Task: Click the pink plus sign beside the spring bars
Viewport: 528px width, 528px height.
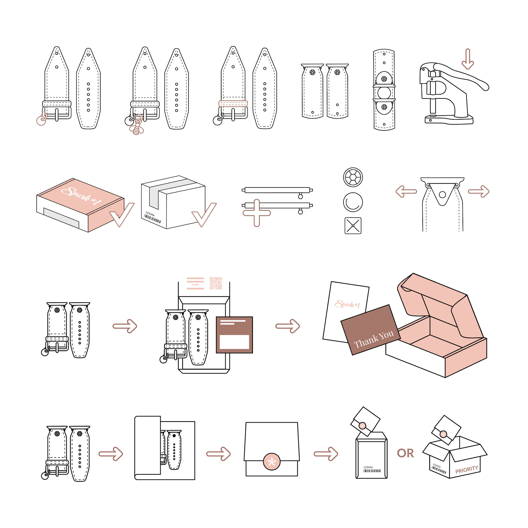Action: click(257, 213)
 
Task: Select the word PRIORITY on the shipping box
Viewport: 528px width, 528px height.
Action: click(466, 469)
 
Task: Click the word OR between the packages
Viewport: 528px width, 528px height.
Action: click(405, 453)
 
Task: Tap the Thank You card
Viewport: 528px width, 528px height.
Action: click(371, 330)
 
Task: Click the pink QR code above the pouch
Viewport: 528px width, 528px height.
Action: click(216, 283)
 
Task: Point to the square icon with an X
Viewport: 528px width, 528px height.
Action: click(353, 226)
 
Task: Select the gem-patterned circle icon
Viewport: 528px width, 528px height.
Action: click(353, 177)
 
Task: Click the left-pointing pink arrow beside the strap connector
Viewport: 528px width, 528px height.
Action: click(406, 191)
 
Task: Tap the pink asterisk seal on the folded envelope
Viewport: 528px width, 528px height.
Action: click(272, 461)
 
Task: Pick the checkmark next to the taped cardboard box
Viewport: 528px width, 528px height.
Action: click(204, 215)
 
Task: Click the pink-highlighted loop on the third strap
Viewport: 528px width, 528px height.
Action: click(233, 103)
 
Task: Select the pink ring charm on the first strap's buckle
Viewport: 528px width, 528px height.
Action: click(41, 120)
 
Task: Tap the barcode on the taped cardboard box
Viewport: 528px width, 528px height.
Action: click(152, 218)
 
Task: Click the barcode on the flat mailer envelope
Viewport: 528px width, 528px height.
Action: click(372, 471)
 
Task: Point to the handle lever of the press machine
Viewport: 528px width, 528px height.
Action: click(462, 75)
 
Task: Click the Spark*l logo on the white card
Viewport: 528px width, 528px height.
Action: click(347, 304)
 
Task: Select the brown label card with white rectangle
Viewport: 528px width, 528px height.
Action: click(234, 335)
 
